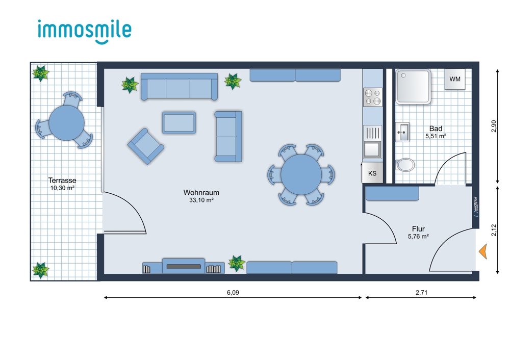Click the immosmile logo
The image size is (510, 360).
pyautogui.click(x=85, y=32)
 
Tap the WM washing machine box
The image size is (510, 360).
pyautogui.click(x=455, y=79)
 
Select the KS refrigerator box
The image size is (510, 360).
pyautogui.click(x=372, y=173)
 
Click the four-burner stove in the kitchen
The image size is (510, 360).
pyautogui.click(x=373, y=97)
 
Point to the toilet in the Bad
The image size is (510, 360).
pyautogui.click(x=405, y=165)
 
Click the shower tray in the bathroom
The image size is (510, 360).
pyautogui.click(x=414, y=87)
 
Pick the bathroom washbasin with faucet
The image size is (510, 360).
pyautogui.click(x=402, y=132)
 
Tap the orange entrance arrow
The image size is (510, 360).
pyautogui.click(x=483, y=251)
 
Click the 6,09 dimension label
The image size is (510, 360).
pyautogui.click(x=233, y=292)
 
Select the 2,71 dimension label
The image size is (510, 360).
pyautogui.click(x=421, y=292)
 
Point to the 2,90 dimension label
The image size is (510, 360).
pyautogui.click(x=494, y=126)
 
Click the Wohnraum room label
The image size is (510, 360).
pyautogui.click(x=201, y=193)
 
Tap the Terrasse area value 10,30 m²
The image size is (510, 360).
pyautogui.click(x=62, y=188)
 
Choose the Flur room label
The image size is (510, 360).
pyautogui.click(x=418, y=228)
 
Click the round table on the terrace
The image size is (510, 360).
pyautogui.click(x=66, y=123)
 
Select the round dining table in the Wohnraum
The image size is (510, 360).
pyautogui.click(x=301, y=174)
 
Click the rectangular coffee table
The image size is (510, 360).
pyautogui.click(x=179, y=122)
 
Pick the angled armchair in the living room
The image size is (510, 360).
pyautogui.click(x=146, y=146)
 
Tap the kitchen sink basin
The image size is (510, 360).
pyautogui.click(x=372, y=149)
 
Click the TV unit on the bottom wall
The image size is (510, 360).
pyautogui.click(x=184, y=266)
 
